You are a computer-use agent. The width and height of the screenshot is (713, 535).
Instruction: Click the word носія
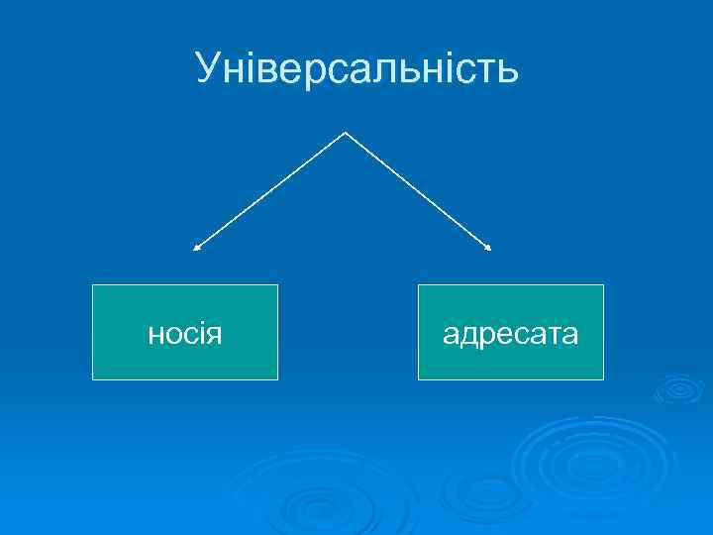pos(184,334)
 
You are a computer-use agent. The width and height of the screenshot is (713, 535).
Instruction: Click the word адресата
pos(510,334)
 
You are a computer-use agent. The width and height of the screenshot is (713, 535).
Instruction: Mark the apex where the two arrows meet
pos(345,132)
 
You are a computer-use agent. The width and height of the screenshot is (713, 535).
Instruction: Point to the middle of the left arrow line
pos(270,190)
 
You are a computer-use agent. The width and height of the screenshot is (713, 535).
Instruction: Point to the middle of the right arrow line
pos(417,189)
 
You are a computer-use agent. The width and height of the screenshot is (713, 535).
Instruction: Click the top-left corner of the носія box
pos(92,285)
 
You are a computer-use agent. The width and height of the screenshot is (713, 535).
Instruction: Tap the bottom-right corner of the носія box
pos(277,379)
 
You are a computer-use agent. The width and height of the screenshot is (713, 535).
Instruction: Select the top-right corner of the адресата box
pos(603,285)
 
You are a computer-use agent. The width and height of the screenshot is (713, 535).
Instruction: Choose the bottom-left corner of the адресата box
pos(418,379)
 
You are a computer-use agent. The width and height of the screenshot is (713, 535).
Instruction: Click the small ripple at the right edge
pos(677,388)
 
